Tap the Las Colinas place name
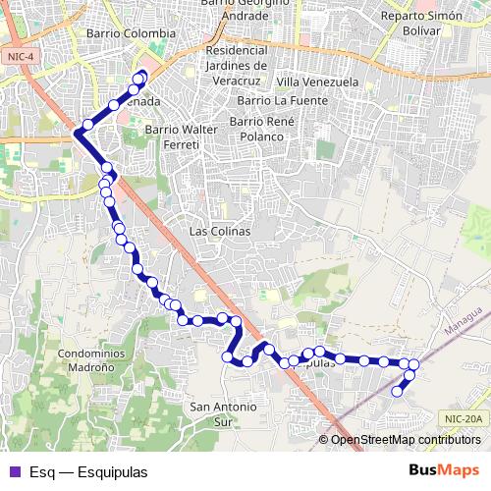[219, 231]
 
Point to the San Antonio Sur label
[223, 412]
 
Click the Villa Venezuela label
[317, 82]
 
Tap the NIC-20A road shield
[463, 417]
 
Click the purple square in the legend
[14, 471]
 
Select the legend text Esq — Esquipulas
[88, 471]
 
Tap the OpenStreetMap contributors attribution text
[405, 439]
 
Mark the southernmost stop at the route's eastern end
[398, 391]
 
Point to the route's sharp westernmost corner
[76, 133]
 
